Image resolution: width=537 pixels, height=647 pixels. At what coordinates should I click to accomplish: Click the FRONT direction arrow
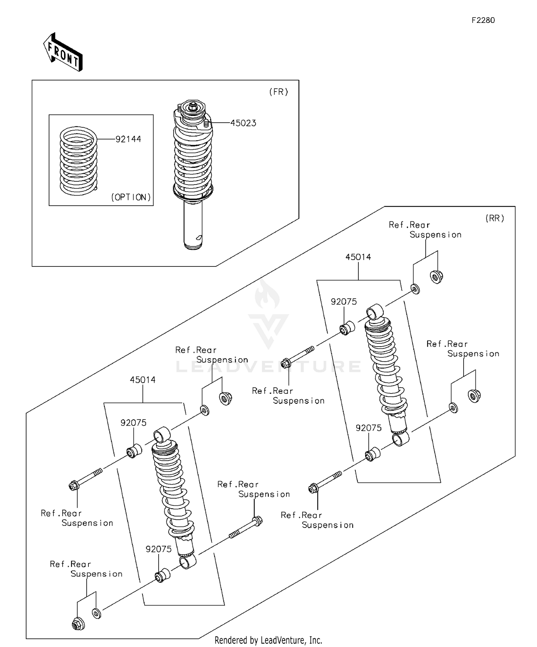coord(63,52)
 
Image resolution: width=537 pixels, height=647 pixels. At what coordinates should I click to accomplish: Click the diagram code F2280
coord(483,20)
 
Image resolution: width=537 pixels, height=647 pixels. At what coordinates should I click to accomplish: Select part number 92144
coord(128,139)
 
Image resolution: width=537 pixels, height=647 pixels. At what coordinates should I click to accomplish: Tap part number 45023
coord(243,123)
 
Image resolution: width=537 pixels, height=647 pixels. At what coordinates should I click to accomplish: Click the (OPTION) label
coord(131,197)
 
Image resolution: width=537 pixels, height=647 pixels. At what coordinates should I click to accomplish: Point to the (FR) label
coord(279,92)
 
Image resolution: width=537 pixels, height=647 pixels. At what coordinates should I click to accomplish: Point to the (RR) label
coord(495,218)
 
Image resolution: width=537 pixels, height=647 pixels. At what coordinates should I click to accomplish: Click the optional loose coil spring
coord(78,161)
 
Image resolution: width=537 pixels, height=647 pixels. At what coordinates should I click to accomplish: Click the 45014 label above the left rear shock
coord(142,380)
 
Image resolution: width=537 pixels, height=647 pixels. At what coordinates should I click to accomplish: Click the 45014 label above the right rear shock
coord(358,257)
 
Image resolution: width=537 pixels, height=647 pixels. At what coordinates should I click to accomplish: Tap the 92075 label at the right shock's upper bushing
coord(344,302)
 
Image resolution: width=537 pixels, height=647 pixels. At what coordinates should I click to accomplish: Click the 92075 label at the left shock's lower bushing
coord(159,549)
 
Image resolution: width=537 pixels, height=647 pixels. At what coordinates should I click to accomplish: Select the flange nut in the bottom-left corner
coord(78,624)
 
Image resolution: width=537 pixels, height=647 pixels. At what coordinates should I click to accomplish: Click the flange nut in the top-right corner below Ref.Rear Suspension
coord(436,276)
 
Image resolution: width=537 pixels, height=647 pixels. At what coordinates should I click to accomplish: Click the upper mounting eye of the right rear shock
coord(375,311)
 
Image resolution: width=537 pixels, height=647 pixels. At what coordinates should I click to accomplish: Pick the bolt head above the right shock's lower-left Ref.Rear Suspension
coord(313,488)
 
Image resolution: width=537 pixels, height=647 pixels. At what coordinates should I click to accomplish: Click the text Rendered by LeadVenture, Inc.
coord(268,640)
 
